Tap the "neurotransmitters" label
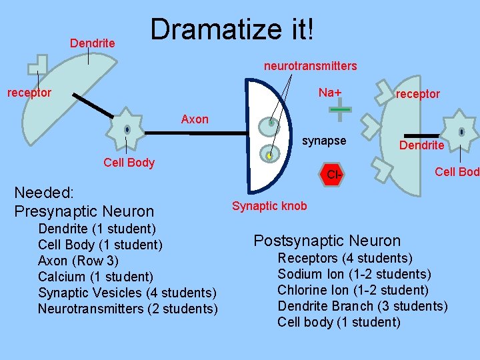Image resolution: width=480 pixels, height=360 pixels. (310, 66)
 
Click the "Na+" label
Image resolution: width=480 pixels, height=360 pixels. (329, 92)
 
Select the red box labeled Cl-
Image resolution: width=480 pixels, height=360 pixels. (334, 174)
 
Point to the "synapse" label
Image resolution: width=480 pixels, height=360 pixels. (324, 141)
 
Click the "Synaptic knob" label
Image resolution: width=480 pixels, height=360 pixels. (269, 206)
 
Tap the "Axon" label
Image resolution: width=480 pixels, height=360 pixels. (195, 119)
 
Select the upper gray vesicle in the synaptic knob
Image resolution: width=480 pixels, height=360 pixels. (271, 123)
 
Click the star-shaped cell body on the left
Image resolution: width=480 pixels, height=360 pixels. (127, 129)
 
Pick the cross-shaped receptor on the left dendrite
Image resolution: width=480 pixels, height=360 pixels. (37, 65)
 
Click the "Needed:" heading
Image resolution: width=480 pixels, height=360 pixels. (44, 193)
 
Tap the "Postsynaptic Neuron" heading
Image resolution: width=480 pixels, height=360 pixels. (327, 241)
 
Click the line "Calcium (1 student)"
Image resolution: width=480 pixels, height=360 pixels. (95, 277)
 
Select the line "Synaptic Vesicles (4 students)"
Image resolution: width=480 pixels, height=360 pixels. (127, 293)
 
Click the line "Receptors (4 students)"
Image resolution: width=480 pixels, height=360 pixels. (345, 258)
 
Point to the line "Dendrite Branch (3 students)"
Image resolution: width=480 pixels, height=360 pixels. (362, 306)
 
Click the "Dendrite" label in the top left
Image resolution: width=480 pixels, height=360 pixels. (93, 43)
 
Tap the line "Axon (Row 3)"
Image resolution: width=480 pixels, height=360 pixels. (79, 261)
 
